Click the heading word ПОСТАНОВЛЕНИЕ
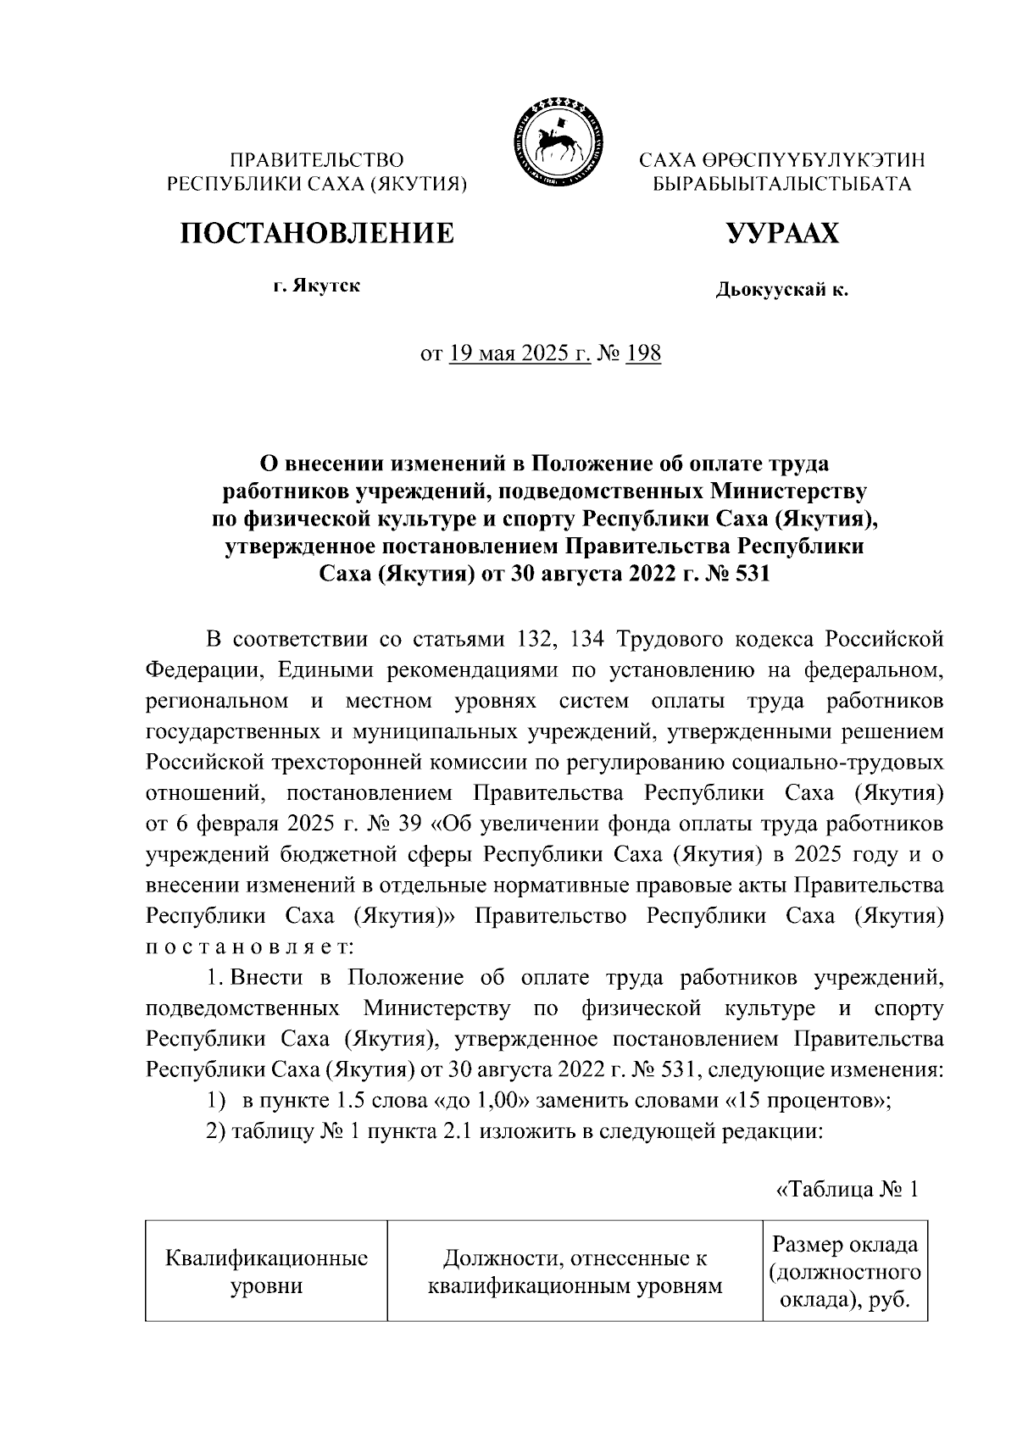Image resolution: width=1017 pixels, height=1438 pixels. tap(315, 233)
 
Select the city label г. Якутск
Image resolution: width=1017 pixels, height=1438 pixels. tap(316, 286)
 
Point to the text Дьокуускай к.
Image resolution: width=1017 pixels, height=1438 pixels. tap(781, 291)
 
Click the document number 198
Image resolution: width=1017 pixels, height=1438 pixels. tap(642, 353)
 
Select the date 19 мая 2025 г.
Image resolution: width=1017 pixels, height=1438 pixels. tap(520, 353)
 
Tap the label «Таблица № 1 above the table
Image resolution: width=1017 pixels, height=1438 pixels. tap(847, 1190)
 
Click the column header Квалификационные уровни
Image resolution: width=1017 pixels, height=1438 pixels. tap(266, 1271)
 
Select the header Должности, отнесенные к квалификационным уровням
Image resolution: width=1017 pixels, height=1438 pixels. tap(575, 1271)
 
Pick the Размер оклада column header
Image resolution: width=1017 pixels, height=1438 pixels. tap(844, 1271)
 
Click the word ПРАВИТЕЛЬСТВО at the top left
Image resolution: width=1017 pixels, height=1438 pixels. tap(318, 159)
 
